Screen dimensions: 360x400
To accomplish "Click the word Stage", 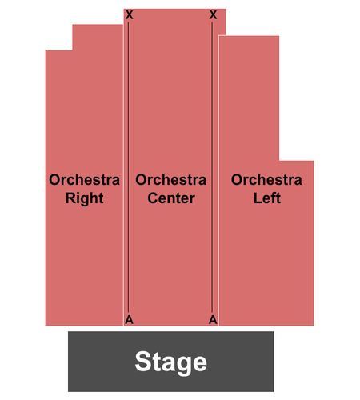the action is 170,362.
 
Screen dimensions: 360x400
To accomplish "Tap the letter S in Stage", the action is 143,361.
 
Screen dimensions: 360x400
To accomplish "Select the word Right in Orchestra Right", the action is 84,199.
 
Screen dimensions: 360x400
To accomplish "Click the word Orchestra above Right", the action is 84,180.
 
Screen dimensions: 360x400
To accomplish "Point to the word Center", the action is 171,198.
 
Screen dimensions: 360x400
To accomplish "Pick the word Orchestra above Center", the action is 171,180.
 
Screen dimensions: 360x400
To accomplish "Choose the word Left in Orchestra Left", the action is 266,198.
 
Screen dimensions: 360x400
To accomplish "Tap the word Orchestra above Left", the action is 266,180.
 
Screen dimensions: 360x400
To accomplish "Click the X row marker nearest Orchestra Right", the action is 129,15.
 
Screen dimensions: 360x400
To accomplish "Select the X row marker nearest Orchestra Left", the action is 213,15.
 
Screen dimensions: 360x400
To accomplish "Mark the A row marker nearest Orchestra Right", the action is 129,319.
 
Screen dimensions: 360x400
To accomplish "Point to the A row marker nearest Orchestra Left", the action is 213,319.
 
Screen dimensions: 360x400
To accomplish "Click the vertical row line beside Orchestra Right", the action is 128,166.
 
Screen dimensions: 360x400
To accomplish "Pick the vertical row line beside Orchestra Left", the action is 212,166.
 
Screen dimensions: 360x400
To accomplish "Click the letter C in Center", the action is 153,198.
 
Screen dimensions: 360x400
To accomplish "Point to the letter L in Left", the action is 258,198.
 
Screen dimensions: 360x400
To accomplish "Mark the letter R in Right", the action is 70,198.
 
